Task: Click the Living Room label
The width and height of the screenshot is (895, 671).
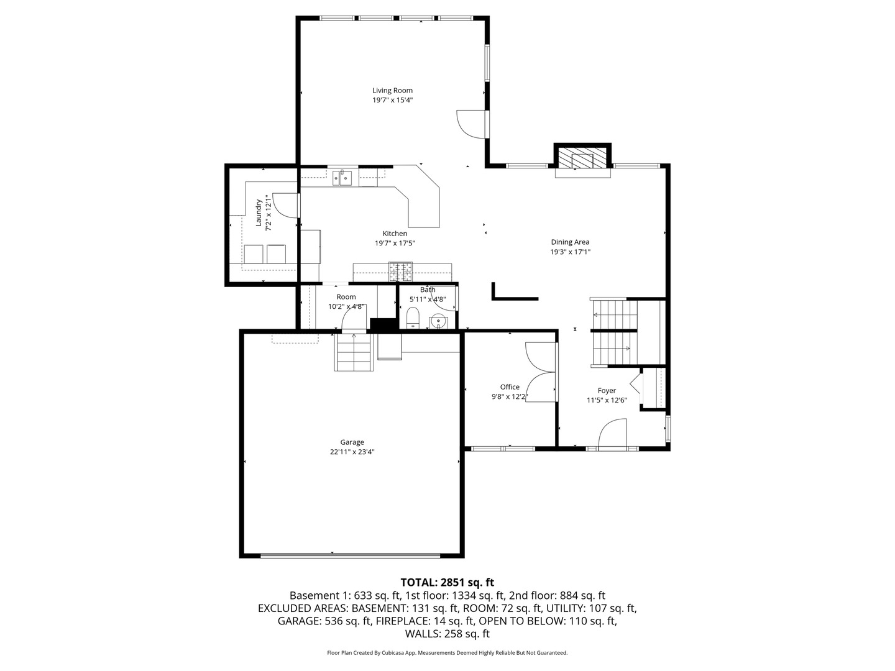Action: click(x=392, y=90)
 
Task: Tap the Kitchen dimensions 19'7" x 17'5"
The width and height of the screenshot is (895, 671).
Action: click(x=395, y=244)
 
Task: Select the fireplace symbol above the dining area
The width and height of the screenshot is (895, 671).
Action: click(x=582, y=158)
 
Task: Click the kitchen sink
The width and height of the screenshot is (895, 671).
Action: click(x=342, y=178)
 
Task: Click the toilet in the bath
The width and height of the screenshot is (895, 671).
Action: click(x=413, y=320)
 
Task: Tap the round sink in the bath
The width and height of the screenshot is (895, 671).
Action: click(x=439, y=322)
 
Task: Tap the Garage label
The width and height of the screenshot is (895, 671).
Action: click(x=352, y=442)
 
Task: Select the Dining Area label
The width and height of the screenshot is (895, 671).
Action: click(x=570, y=242)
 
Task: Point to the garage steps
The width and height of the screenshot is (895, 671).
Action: click(x=354, y=352)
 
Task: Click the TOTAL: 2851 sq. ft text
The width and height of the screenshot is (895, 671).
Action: click(x=447, y=583)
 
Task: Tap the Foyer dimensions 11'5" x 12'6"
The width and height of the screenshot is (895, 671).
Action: click(x=607, y=401)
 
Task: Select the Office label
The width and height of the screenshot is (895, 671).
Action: click(x=510, y=387)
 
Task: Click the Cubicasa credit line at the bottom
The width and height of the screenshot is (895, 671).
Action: click(x=447, y=653)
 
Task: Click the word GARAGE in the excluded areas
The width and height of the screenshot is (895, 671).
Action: click(x=299, y=621)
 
